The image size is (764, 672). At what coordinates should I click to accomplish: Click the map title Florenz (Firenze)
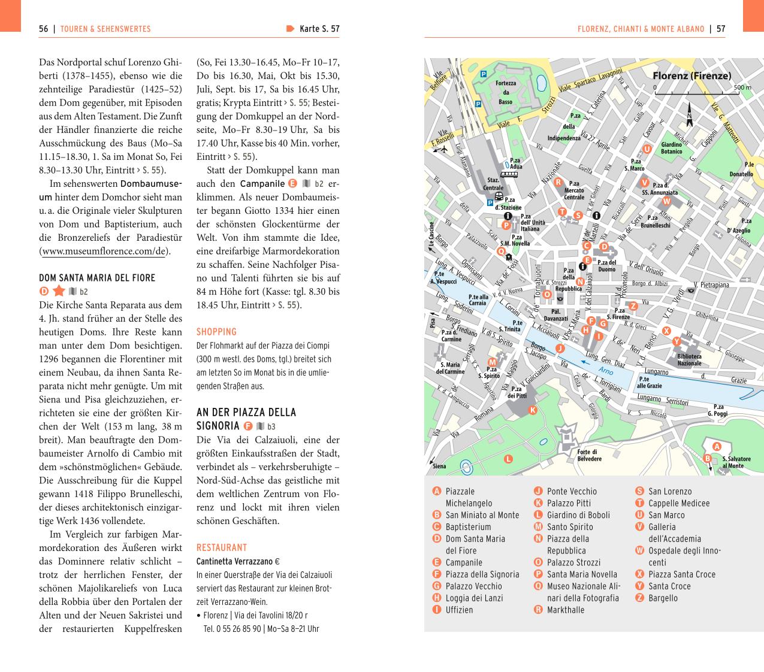coord(691,76)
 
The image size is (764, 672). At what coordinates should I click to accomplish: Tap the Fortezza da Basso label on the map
coord(506,92)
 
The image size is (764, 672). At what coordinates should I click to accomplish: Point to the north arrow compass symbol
coord(690,117)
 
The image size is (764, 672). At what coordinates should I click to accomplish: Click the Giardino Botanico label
coord(671,148)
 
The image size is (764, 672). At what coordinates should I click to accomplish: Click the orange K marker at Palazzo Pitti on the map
coord(532,410)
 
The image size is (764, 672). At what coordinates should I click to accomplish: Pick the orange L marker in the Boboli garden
coord(508,459)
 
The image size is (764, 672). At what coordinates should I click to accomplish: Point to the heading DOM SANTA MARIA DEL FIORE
coord(97,278)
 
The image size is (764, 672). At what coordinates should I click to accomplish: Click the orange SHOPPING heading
coord(216,332)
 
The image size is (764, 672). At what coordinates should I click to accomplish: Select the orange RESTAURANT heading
coord(222,547)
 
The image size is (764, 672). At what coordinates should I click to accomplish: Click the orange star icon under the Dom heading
coord(59,292)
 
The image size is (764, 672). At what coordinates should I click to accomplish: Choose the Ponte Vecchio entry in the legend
coord(572,491)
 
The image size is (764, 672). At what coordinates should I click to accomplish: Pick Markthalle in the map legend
coord(565,610)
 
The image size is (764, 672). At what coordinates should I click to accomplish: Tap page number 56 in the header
coord(43,29)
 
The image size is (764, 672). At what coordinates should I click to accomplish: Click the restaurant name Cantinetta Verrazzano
coord(234,562)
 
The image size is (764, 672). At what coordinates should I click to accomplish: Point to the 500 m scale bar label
coord(742,87)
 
